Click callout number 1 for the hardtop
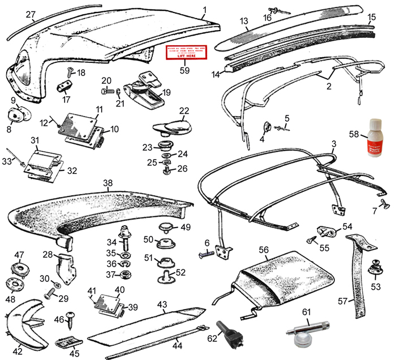204,10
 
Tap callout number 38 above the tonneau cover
108,183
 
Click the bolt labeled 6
207,255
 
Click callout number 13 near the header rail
244,21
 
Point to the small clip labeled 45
67,343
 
